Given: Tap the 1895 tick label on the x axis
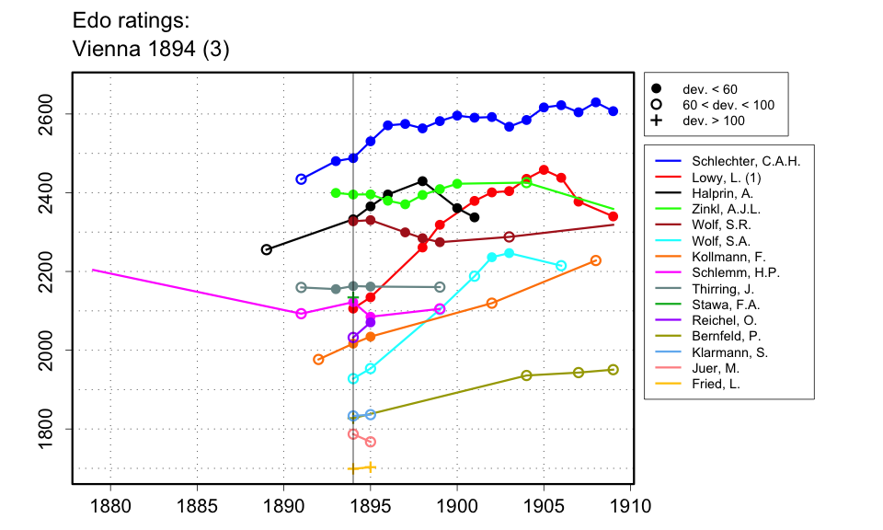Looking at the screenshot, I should [371, 506].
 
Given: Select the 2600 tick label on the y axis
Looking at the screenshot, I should [46, 114].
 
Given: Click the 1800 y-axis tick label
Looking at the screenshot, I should [46, 430].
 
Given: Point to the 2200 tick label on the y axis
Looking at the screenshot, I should [46, 272].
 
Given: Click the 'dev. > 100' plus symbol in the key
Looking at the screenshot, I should [657, 121].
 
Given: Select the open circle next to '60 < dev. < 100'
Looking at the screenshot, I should [657, 105].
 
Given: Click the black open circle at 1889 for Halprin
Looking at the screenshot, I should [267, 249].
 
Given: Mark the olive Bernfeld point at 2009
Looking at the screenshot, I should [614, 370].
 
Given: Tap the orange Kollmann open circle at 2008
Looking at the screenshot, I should [596, 260].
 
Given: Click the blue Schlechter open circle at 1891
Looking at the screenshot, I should [301, 179].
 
